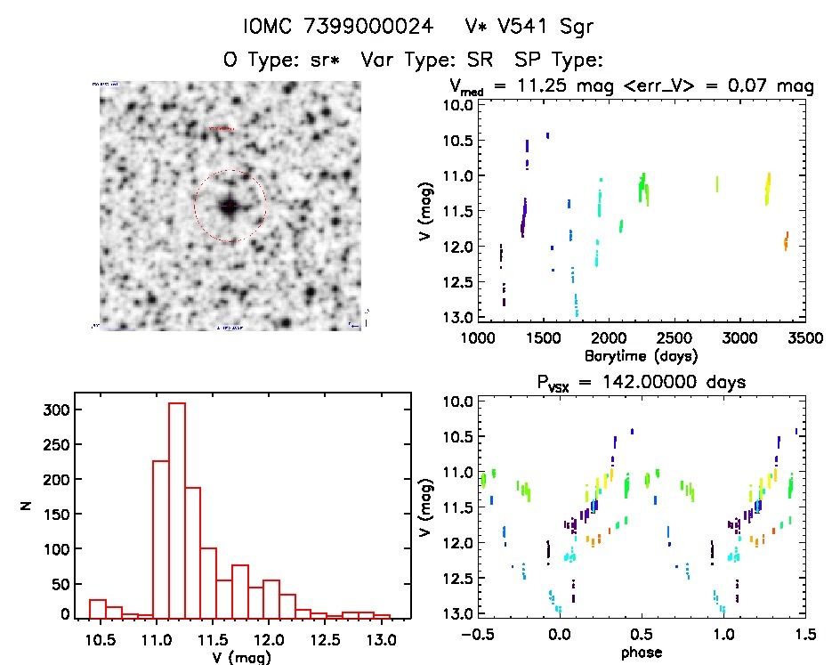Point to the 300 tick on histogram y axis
tap(58, 410)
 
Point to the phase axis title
tap(638, 652)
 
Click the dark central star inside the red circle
tap(230, 206)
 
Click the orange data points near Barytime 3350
tap(786, 241)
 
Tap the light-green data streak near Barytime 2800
tap(716, 184)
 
